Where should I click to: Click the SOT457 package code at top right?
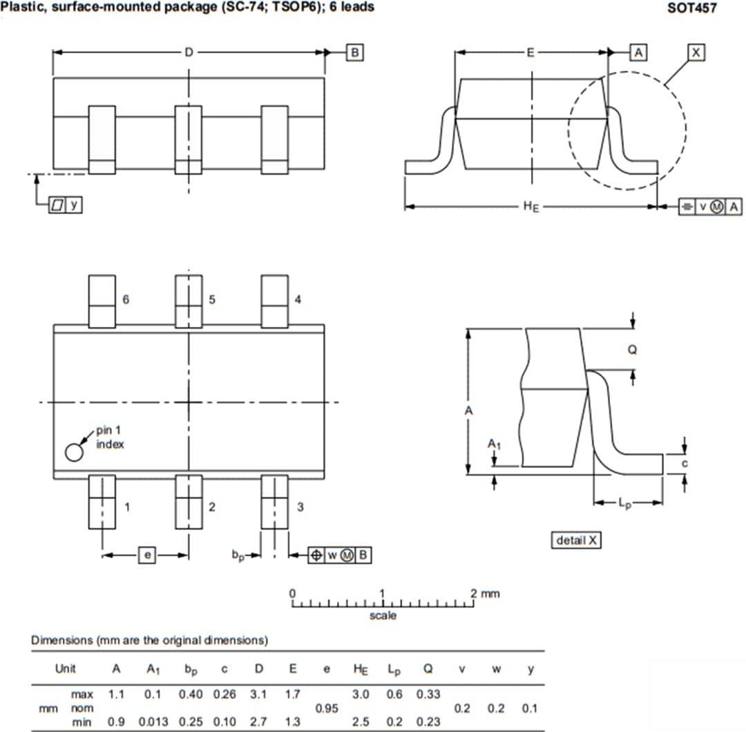click(x=691, y=8)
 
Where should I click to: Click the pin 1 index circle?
click(x=74, y=452)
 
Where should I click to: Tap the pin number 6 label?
click(x=126, y=299)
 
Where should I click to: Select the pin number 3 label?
click(x=300, y=507)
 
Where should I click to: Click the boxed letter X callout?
click(x=696, y=53)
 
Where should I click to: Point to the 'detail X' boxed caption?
click(x=577, y=541)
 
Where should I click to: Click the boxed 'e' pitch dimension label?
click(x=147, y=554)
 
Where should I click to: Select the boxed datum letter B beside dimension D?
click(x=354, y=53)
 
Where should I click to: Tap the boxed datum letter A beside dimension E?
click(x=638, y=53)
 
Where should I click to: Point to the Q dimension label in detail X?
click(x=632, y=350)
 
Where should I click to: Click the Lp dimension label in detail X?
click(x=624, y=504)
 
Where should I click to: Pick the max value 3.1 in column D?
click(x=258, y=694)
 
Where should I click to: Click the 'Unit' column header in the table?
click(x=66, y=668)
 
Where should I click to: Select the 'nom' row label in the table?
click(x=82, y=708)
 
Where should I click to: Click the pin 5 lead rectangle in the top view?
click(x=188, y=301)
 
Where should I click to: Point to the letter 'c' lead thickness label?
click(x=685, y=464)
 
